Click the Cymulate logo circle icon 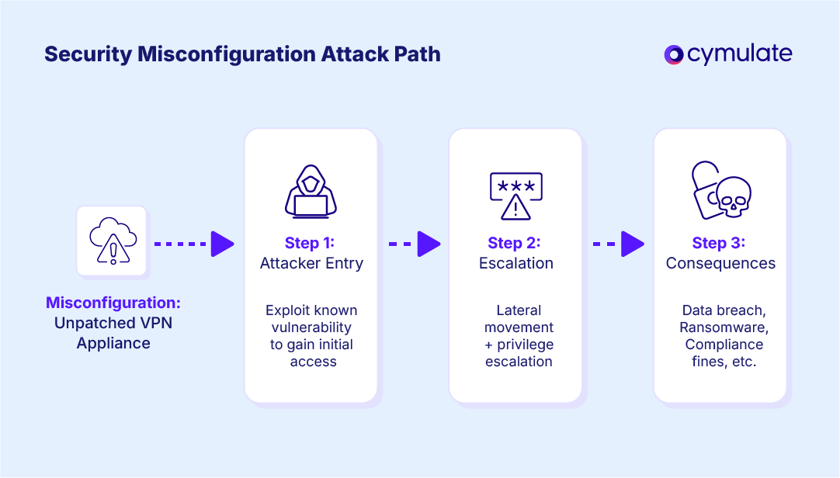(673, 54)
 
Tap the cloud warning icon (112, 241)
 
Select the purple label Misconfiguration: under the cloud (113, 303)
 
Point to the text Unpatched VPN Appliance (113, 333)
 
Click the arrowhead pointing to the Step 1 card (222, 244)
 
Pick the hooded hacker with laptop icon (311, 191)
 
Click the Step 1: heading (311, 243)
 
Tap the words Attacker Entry (311, 264)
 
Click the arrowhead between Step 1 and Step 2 (429, 244)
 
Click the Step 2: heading (516, 243)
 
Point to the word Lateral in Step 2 (519, 310)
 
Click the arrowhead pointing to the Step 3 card (633, 244)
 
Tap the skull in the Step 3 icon (732, 199)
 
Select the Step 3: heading (720, 243)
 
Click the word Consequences (720, 264)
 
